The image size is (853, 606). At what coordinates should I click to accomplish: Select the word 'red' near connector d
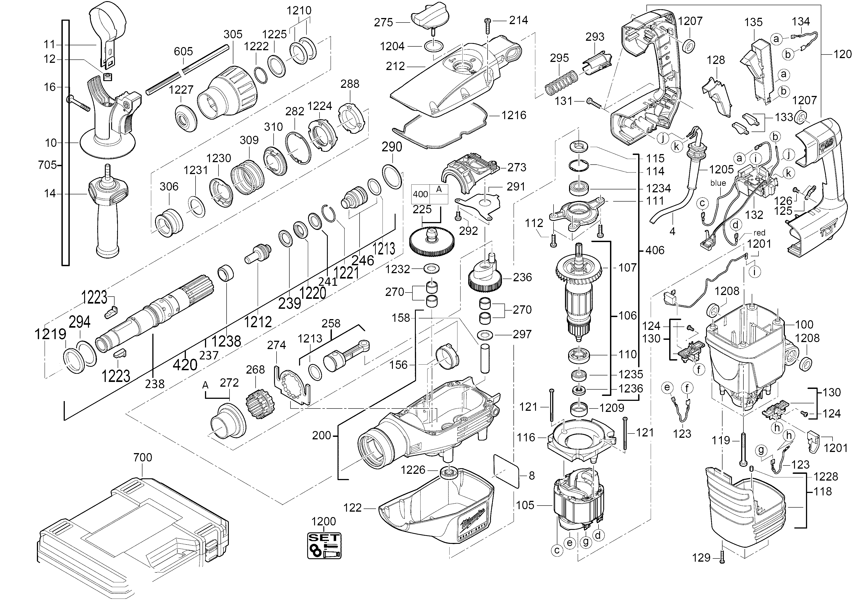(749, 234)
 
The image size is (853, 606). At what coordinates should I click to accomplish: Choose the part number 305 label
(233, 34)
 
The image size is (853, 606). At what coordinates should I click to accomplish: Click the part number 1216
(514, 115)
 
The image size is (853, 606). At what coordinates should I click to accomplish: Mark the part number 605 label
(183, 51)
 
